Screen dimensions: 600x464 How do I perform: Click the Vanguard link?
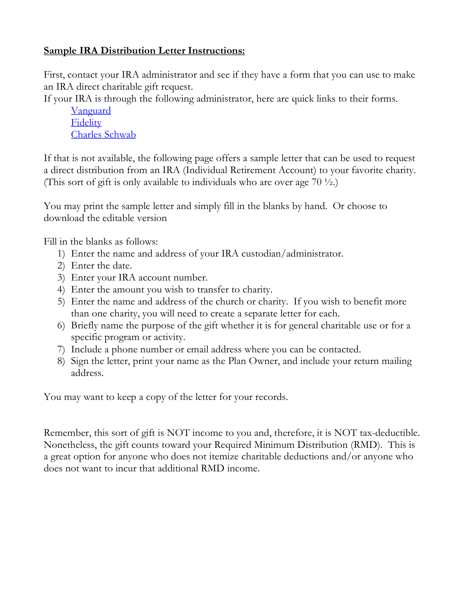(91, 111)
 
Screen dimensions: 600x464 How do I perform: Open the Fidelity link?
(86, 123)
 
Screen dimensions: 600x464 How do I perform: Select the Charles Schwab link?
(103, 135)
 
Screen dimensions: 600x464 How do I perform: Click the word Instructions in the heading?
(216, 51)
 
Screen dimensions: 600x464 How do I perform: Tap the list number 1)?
(61, 254)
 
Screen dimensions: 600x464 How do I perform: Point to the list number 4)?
(61, 290)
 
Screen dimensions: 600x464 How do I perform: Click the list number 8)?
(61, 361)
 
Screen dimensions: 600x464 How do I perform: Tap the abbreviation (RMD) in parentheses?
(366, 445)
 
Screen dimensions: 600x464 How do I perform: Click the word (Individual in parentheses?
(205, 170)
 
